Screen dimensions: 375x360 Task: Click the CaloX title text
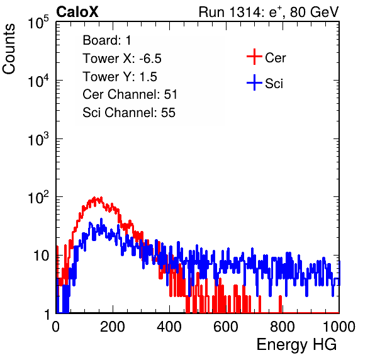[x=77, y=12]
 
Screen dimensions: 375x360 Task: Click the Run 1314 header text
[x=269, y=12]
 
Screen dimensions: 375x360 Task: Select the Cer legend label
[x=275, y=58]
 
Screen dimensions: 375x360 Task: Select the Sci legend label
[x=274, y=84]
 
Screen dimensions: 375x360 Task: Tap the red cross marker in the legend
[x=254, y=57]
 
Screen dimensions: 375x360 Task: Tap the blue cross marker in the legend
[x=254, y=82]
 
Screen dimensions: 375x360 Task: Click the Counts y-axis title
[x=9, y=49]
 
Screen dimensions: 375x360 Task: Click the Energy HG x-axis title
[x=296, y=344]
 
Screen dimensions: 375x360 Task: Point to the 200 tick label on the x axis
[x=113, y=327]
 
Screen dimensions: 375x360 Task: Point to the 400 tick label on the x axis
[x=169, y=327]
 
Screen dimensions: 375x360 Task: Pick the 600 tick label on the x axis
[x=226, y=327]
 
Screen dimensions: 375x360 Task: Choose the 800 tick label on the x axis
[x=283, y=327]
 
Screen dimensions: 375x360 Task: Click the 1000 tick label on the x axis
[x=339, y=327]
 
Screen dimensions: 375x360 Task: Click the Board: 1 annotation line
[x=107, y=40]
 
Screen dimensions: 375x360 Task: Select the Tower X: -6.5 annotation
[x=122, y=59]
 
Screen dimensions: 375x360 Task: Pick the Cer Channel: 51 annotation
[x=130, y=94]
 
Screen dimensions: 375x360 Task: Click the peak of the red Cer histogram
[x=95, y=198]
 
